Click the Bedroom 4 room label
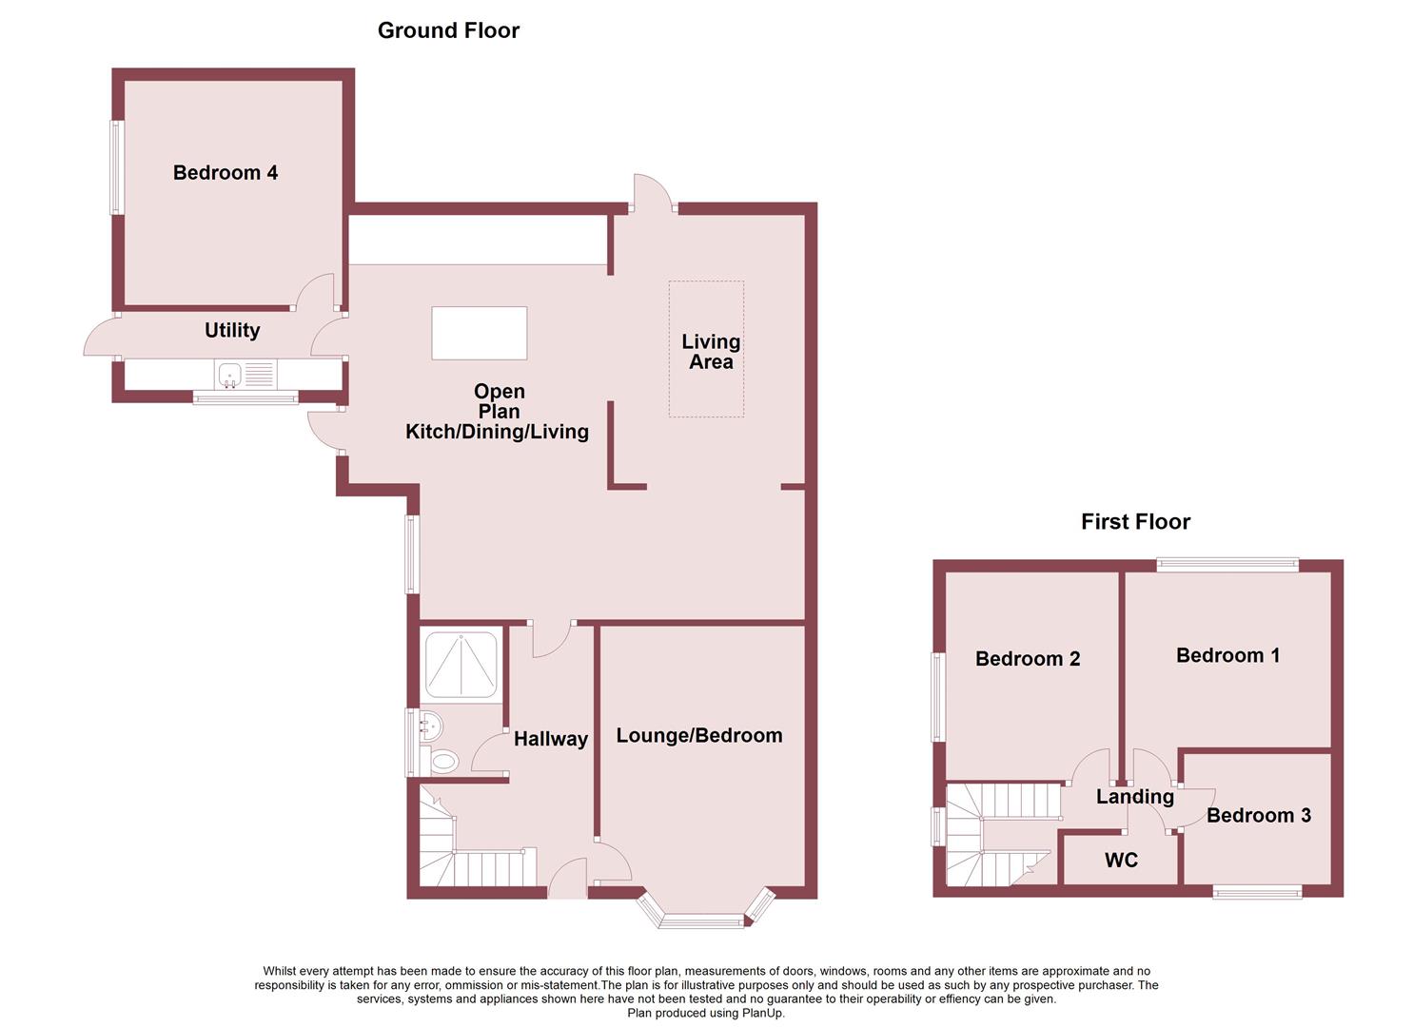226,172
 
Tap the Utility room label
232,330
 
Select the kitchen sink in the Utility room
230,376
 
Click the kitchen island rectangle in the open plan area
479,333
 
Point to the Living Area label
711,351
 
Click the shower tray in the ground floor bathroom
461,665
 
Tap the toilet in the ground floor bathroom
442,761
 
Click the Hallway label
550,739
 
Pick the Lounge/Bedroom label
699,735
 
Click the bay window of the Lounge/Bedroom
703,920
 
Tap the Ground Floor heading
448,30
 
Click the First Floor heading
1135,521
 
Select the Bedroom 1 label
1227,655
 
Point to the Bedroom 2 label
1028,658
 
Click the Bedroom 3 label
1258,815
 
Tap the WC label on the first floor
1121,860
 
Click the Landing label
1134,796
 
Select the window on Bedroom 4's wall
117,167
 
